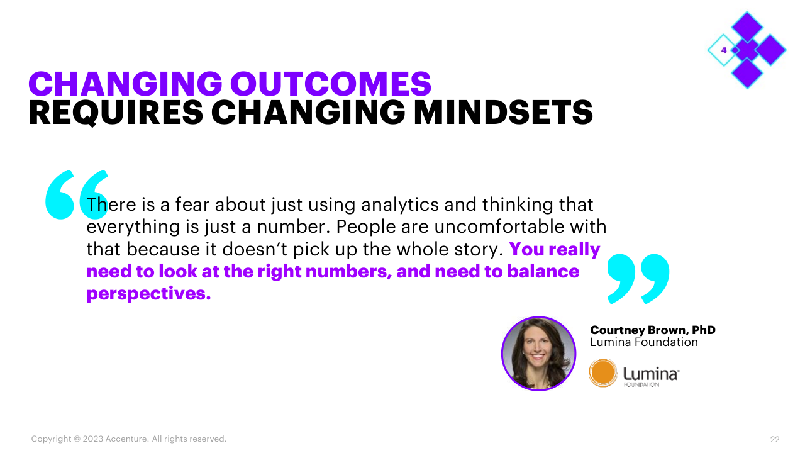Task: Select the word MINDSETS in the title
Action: pyautogui.click(x=504, y=113)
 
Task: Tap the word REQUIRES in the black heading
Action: pyautogui.click(x=116, y=113)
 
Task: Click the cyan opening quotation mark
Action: pyautogui.click(x=77, y=194)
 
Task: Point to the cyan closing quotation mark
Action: pyautogui.click(x=638, y=279)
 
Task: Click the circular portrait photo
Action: pyautogui.click(x=538, y=354)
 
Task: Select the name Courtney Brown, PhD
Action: pyautogui.click(x=653, y=330)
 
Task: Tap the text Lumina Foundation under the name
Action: pyautogui.click(x=644, y=342)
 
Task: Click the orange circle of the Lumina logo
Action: pyautogui.click(x=603, y=373)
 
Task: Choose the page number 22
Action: pyautogui.click(x=775, y=439)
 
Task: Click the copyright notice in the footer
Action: pyautogui.click(x=129, y=439)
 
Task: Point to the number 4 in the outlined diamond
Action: pyautogui.click(x=724, y=50)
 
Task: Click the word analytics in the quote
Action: pyautogui.click(x=400, y=205)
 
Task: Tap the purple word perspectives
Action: pyautogui.click(x=148, y=294)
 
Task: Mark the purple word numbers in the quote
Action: pyautogui.click(x=348, y=271)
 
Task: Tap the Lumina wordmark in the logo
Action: pyautogui.click(x=650, y=374)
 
